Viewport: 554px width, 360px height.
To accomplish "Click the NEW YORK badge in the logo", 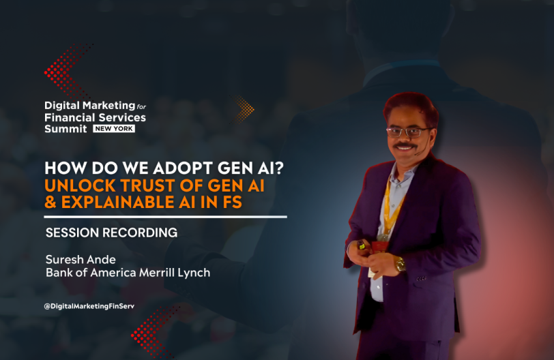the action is [114, 129].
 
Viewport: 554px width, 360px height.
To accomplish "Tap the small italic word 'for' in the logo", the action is [141, 106].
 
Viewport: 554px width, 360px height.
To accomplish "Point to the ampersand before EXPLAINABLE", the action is [50, 202].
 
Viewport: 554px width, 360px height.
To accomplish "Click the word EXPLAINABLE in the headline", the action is [117, 202].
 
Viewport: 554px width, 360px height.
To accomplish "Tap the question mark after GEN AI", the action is [278, 168].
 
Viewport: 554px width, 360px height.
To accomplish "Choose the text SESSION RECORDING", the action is [112, 232].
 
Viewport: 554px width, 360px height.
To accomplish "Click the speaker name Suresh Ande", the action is [81, 259].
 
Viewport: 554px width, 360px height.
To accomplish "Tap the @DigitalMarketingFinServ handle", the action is [89, 306].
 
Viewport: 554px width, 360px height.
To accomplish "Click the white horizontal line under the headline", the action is [165, 217].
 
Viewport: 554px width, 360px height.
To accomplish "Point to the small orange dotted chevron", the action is [244, 109].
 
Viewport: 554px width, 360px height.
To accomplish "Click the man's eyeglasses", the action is [409, 132].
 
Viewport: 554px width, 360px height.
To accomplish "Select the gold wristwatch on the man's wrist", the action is [400, 264].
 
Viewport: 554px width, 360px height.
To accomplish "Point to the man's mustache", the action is [405, 145].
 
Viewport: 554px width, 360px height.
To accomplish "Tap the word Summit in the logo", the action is [65, 129].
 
